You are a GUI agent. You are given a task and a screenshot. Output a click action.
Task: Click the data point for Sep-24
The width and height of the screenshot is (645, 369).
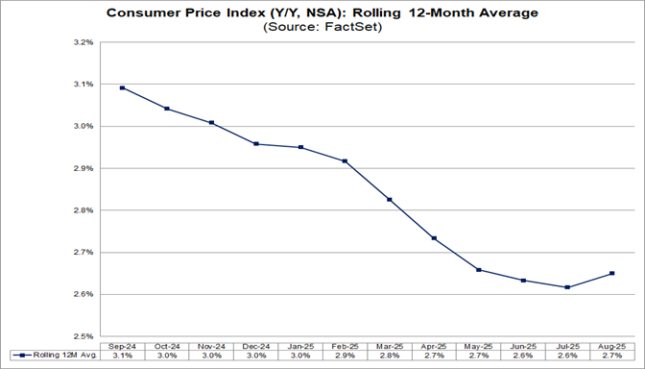pyautogui.click(x=122, y=87)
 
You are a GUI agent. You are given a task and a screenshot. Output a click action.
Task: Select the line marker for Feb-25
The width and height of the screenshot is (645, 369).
pyautogui.click(x=345, y=160)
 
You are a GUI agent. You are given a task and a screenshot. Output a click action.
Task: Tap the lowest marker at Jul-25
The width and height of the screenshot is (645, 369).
pyautogui.click(x=567, y=287)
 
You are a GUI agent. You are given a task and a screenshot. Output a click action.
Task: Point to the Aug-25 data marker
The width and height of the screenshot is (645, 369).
pyautogui.click(x=611, y=273)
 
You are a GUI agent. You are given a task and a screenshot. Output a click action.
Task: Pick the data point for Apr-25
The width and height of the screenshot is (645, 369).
pyautogui.click(x=434, y=238)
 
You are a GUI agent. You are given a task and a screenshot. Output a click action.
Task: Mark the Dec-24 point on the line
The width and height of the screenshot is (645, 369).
pyautogui.click(x=255, y=144)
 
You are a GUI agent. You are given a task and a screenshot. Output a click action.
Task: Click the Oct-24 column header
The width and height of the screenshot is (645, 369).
pyautogui.click(x=166, y=345)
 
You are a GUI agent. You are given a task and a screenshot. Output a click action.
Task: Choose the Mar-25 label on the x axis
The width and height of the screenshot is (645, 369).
pyautogui.click(x=389, y=345)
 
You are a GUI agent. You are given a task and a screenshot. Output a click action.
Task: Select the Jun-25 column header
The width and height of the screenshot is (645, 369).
pyautogui.click(x=522, y=345)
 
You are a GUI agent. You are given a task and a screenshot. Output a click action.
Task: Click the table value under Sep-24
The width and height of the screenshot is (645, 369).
pyautogui.click(x=122, y=356)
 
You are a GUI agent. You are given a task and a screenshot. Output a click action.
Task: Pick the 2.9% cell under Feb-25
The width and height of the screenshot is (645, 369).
pyautogui.click(x=345, y=356)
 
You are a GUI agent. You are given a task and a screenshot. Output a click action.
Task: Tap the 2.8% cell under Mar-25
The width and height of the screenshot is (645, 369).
pyautogui.click(x=389, y=356)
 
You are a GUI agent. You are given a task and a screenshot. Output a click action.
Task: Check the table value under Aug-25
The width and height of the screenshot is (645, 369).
pyautogui.click(x=611, y=356)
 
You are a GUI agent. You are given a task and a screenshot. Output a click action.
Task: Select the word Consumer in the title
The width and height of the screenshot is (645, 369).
pyautogui.click(x=145, y=12)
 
